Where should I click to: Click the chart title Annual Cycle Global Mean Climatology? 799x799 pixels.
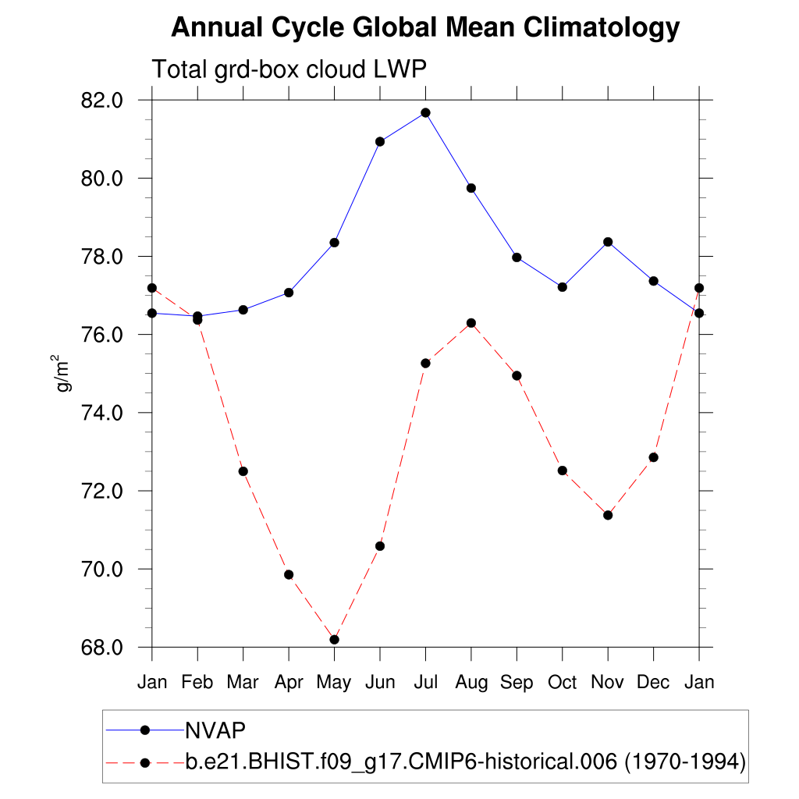pos(425,28)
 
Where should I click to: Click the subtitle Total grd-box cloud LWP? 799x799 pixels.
pos(289,69)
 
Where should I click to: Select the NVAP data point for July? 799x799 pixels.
pos(425,112)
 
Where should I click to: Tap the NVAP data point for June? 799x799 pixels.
pos(380,141)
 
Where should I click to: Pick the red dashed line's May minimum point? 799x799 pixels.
pos(335,640)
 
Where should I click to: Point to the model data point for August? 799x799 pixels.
pos(471,323)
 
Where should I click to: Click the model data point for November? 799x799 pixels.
pos(608,515)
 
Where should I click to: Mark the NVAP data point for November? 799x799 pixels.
pos(608,242)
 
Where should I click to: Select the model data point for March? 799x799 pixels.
pos(243,471)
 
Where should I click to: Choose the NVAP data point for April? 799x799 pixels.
pos(289,293)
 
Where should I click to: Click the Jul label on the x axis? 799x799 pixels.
pos(425,683)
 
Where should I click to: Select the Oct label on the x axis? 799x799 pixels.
pos(562,683)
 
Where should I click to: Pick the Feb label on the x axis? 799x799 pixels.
pos(197,683)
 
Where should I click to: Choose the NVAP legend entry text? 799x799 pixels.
pos(215,730)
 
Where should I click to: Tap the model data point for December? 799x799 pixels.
pos(654,457)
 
